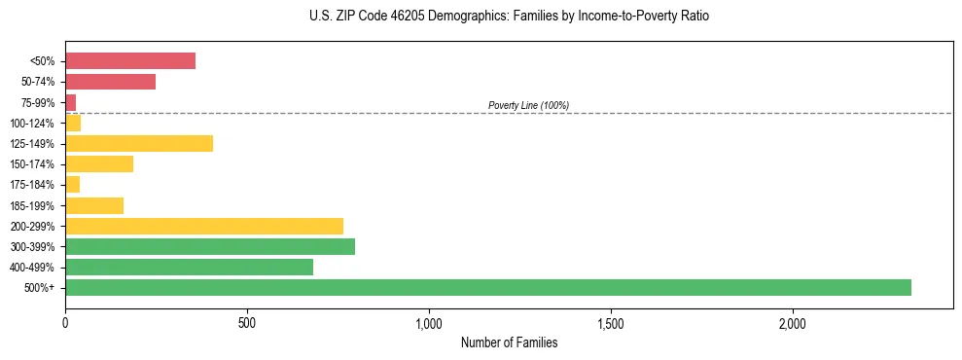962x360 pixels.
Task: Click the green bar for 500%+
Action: point(487,287)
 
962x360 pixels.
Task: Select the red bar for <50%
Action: point(130,61)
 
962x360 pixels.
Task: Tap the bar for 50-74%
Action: point(110,82)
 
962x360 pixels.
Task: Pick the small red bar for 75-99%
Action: point(71,102)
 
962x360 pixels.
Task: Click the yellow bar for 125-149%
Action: point(139,144)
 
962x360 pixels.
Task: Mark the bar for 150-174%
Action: point(99,164)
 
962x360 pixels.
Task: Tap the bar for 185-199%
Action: point(94,205)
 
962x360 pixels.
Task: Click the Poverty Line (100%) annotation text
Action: point(528,105)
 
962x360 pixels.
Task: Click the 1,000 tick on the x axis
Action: point(429,323)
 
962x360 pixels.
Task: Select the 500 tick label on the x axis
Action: point(247,323)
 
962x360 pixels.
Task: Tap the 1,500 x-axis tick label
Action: point(611,323)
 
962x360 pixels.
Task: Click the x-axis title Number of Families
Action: point(509,342)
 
